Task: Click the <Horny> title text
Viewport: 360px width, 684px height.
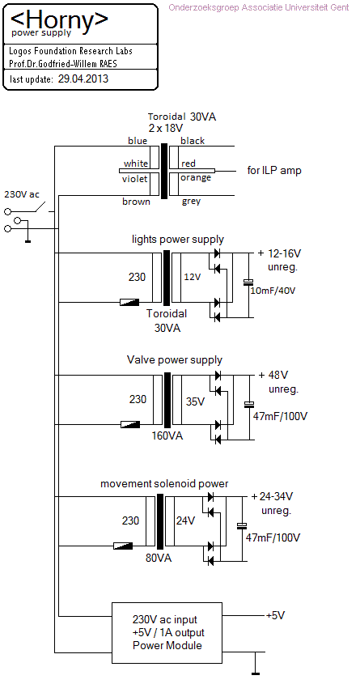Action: point(59,19)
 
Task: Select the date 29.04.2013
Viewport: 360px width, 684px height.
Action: point(83,79)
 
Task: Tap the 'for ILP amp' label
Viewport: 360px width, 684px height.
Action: point(274,171)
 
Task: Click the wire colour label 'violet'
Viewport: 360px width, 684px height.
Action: point(135,179)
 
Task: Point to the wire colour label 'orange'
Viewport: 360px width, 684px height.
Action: point(196,178)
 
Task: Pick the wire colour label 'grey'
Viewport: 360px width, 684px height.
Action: point(192,201)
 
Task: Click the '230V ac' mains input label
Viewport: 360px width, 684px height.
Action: point(21,193)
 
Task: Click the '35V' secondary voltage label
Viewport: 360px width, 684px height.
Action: point(195,401)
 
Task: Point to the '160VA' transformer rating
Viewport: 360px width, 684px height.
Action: point(167,435)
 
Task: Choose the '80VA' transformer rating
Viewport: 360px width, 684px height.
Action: point(159,558)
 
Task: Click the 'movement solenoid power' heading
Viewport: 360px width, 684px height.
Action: point(164,484)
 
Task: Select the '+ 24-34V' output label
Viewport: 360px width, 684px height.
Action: point(273,496)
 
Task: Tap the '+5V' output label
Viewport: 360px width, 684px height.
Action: point(275,615)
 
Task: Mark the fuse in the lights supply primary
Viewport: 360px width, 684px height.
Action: point(129,302)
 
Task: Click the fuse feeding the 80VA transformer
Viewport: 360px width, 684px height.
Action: point(123,546)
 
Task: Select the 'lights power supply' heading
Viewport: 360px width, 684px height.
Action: point(178,240)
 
